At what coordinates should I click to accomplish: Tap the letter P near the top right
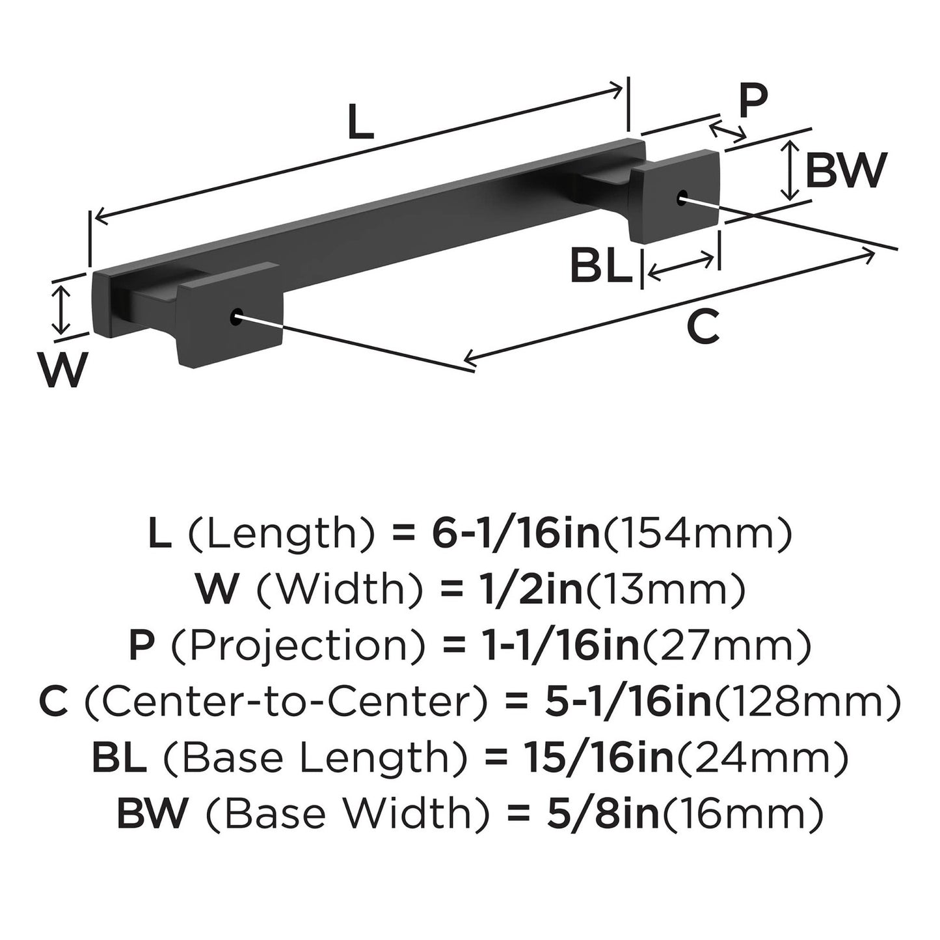coord(753,101)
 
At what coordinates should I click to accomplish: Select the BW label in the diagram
coord(846,171)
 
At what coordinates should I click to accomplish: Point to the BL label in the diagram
coord(600,267)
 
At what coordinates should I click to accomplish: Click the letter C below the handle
coord(703,327)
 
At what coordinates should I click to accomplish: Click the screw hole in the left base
coord(235,317)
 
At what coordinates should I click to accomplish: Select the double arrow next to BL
coord(681,267)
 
